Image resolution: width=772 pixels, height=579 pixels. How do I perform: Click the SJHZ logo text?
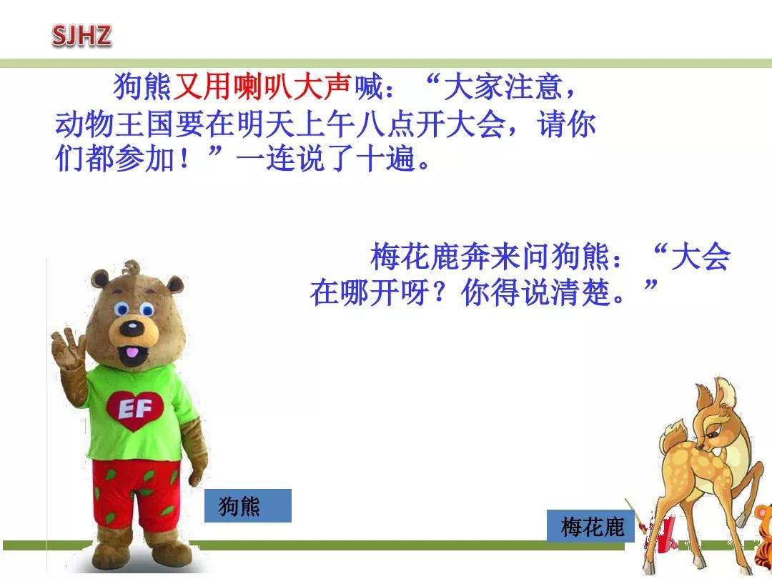pyautogui.click(x=82, y=35)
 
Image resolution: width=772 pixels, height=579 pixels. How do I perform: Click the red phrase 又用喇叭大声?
pyautogui.click(x=262, y=89)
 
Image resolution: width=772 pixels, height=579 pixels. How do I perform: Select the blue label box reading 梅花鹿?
pyautogui.click(x=591, y=527)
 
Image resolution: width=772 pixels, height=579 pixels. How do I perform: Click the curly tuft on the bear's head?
pyautogui.click(x=132, y=269)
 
